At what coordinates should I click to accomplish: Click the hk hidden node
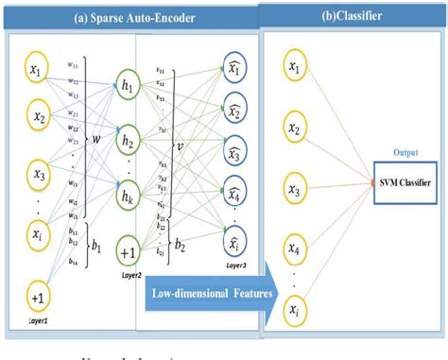[x=129, y=198]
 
